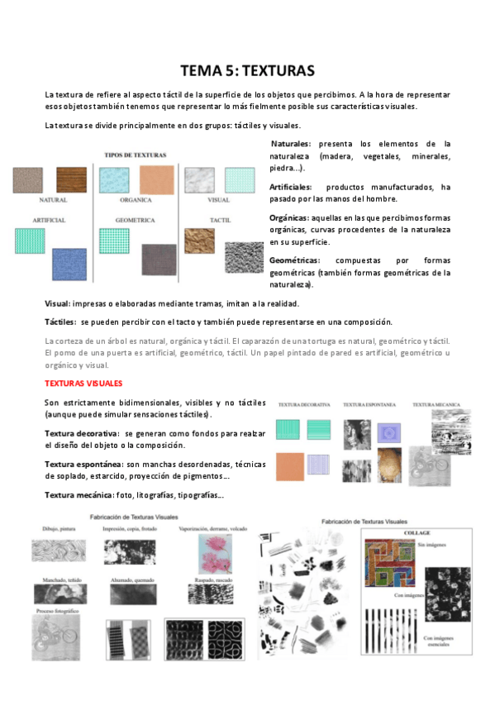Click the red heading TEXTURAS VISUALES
(x=83, y=384)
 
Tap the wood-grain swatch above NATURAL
(x=72, y=179)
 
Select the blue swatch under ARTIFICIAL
(x=69, y=265)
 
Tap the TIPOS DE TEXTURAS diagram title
(x=136, y=155)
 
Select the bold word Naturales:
(x=291, y=144)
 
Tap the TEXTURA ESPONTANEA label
(x=369, y=405)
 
